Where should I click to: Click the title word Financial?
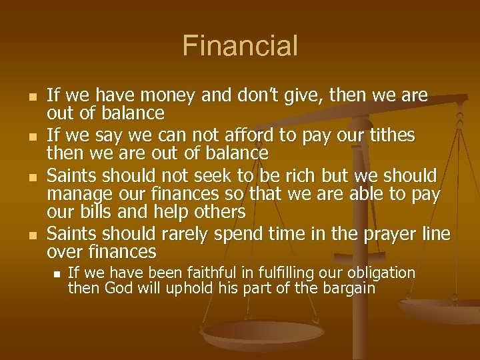pos(240,47)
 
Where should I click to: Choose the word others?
pos(215,212)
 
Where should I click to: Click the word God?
pos(117,289)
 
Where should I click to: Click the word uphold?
pos(177,289)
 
